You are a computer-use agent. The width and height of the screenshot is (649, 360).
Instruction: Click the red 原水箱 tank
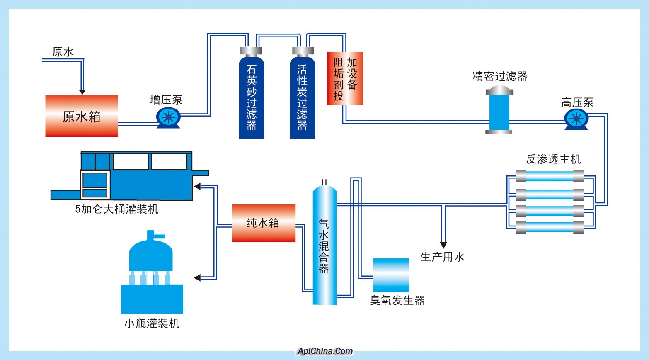pyautogui.click(x=82, y=116)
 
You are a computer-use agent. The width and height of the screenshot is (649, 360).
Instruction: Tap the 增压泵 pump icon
pyautogui.click(x=168, y=117)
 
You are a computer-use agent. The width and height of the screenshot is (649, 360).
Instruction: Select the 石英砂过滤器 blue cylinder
pyautogui.click(x=251, y=97)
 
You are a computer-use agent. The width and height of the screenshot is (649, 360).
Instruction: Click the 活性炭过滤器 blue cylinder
pyautogui.click(x=302, y=97)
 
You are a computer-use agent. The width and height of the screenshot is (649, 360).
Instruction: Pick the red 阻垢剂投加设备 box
pyautogui.click(x=345, y=78)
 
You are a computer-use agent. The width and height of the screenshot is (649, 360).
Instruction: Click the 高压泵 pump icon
pyautogui.click(x=576, y=119)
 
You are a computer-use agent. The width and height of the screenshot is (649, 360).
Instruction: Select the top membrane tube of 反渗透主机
pyautogui.click(x=549, y=177)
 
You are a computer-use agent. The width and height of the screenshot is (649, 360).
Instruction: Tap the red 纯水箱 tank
pyautogui.click(x=264, y=223)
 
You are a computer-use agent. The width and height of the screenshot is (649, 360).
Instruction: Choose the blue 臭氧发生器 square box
pyautogui.click(x=391, y=275)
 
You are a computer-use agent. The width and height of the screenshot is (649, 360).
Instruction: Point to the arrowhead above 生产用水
pyautogui.click(x=443, y=245)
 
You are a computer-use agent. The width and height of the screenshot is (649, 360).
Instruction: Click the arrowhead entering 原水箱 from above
pyautogui.click(x=82, y=91)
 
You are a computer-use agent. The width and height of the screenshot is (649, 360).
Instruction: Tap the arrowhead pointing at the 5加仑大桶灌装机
pyautogui.click(x=198, y=187)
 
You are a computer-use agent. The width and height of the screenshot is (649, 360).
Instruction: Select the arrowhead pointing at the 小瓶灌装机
pyautogui.click(x=198, y=278)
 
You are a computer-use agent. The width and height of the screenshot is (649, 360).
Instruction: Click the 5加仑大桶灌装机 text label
pyautogui.click(x=117, y=209)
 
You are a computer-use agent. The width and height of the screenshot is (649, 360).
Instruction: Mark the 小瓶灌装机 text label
pyautogui.click(x=152, y=324)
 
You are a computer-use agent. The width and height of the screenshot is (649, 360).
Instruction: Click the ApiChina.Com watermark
pyautogui.click(x=325, y=351)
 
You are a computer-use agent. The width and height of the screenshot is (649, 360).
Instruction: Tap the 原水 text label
pyautogui.click(x=63, y=52)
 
